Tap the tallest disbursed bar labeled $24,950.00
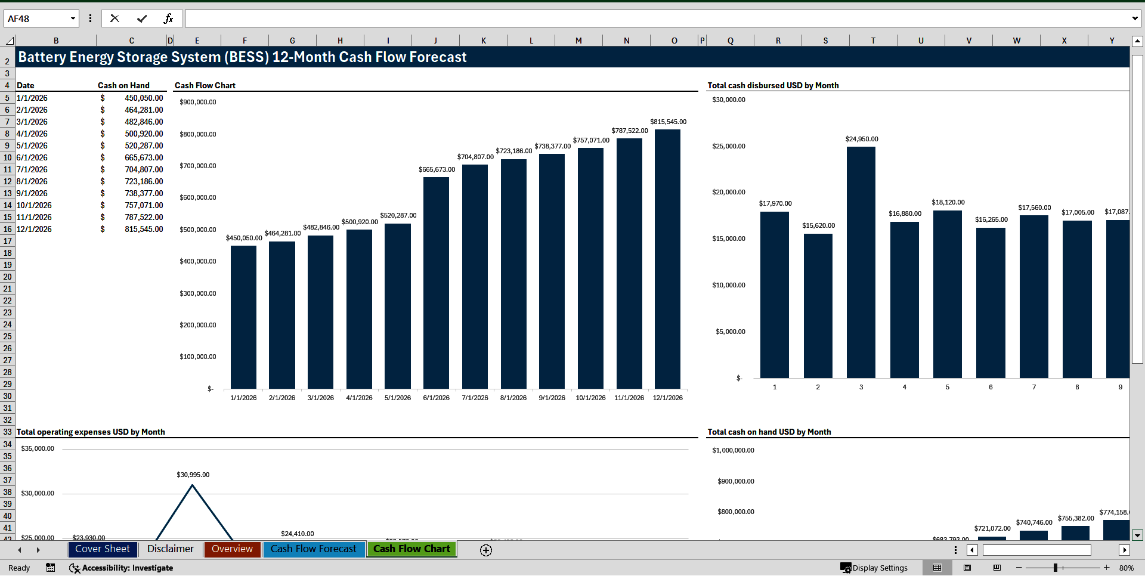(861, 262)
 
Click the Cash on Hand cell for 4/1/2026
(143, 134)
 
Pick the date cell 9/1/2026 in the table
(32, 193)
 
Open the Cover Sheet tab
(103, 549)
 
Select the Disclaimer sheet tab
(171, 549)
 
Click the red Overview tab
(232, 549)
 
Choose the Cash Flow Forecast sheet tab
(313, 549)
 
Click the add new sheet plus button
(486, 550)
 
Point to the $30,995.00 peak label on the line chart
(193, 475)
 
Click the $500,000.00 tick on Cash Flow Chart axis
(198, 230)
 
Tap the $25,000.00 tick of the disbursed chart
(728, 146)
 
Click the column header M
(578, 41)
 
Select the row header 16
(7, 229)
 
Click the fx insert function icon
(168, 19)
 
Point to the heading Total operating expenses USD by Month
(91, 432)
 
